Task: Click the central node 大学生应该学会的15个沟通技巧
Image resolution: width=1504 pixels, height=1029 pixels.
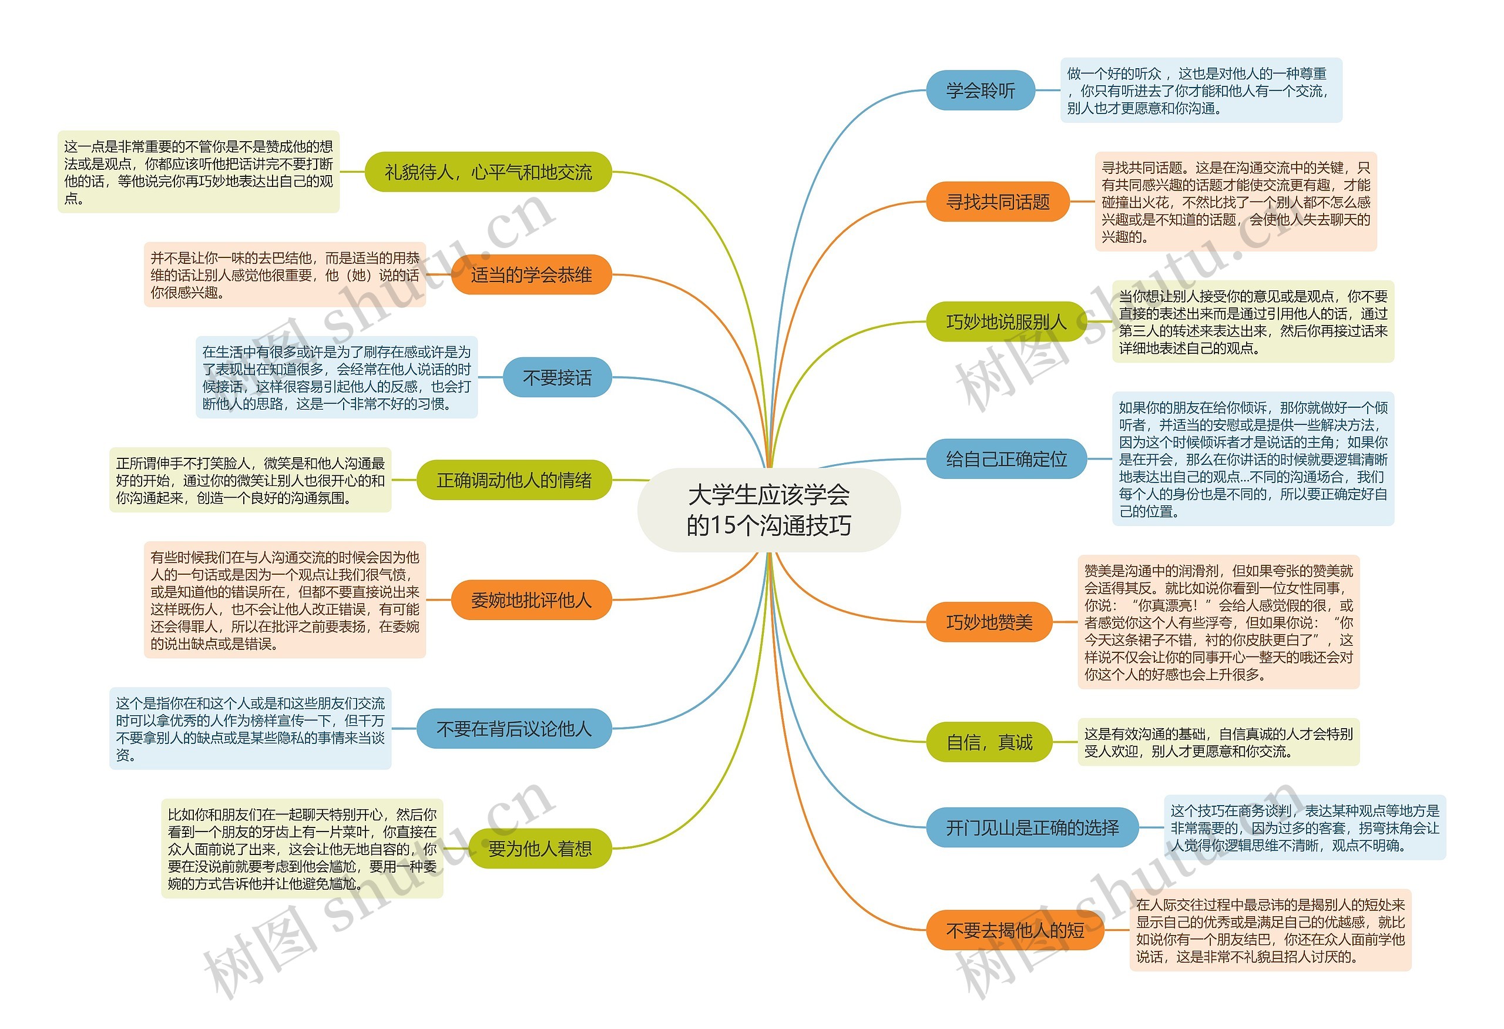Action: click(769, 510)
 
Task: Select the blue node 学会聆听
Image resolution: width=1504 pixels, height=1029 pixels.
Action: click(980, 91)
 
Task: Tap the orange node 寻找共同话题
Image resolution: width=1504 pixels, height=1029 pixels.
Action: click(997, 202)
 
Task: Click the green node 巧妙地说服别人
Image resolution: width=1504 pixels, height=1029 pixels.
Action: click(1005, 321)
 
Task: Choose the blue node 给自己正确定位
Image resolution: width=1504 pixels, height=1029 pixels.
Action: click(1006, 460)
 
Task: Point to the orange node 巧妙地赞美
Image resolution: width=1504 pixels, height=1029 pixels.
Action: click(989, 622)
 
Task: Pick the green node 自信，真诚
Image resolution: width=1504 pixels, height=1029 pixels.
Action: click(989, 742)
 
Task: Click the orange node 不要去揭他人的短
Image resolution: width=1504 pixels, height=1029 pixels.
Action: click(1014, 931)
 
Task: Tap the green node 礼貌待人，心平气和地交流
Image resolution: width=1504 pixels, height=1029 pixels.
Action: click(488, 172)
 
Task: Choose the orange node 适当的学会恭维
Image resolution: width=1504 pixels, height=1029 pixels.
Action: click(531, 275)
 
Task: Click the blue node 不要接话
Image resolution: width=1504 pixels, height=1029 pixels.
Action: click(556, 377)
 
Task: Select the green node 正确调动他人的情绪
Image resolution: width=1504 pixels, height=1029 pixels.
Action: click(514, 480)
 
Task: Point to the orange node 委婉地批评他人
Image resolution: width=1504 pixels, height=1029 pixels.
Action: click(531, 601)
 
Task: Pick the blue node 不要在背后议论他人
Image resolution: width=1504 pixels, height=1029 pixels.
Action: click(514, 729)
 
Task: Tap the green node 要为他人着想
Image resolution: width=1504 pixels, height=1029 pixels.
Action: click(539, 849)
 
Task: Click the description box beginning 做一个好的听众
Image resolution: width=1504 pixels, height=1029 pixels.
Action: click(1200, 91)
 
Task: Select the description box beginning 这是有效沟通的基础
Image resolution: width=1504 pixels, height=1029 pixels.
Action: click(1218, 742)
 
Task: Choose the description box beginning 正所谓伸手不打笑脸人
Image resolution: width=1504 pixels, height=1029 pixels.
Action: click(250, 480)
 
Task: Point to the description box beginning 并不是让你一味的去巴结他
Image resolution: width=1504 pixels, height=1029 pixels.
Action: click(285, 275)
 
